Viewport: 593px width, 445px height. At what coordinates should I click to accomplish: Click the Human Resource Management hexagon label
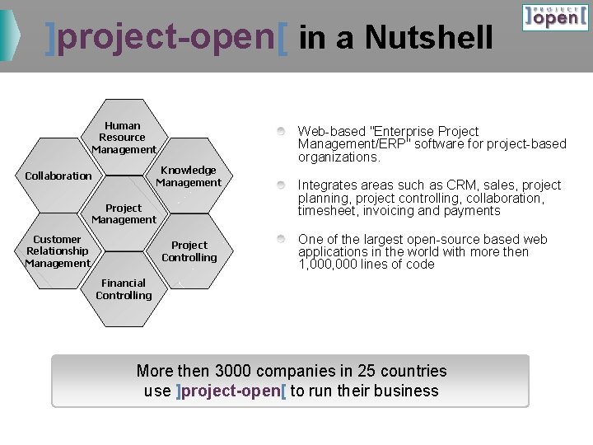(124, 138)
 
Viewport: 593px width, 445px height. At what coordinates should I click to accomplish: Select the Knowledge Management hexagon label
(189, 176)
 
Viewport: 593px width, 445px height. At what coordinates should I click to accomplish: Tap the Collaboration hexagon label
(58, 176)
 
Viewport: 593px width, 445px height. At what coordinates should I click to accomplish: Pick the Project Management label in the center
(124, 214)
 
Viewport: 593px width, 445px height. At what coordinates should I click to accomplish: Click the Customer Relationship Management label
(58, 251)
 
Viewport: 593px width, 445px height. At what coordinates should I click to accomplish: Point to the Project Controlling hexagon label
(189, 251)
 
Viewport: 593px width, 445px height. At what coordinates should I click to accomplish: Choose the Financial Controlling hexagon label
(124, 289)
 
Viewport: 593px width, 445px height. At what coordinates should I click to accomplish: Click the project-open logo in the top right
(555, 16)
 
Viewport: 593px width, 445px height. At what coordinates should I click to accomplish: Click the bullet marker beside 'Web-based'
(282, 131)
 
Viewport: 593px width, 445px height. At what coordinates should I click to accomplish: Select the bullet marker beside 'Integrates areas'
(282, 185)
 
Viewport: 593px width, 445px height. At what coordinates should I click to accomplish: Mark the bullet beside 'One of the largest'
(282, 239)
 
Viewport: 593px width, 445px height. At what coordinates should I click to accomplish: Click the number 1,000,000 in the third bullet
(325, 265)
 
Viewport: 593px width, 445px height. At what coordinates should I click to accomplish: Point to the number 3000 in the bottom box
(231, 372)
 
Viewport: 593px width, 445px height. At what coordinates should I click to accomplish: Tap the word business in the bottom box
(408, 391)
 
